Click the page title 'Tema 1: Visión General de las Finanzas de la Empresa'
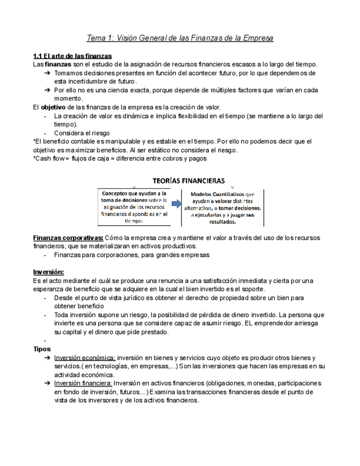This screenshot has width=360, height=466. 180,38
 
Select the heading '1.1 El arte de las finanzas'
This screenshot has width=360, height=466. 73,56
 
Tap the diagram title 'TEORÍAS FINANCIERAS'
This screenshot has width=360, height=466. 189,180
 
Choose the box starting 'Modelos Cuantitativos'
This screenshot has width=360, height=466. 223,208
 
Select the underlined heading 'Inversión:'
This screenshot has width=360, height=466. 48,272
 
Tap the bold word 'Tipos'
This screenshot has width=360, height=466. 42,349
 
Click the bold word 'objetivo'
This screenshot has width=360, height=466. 53,107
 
